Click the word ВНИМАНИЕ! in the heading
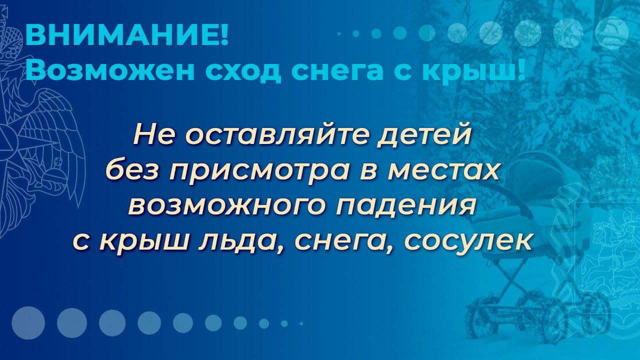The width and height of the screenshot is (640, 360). click(127, 35)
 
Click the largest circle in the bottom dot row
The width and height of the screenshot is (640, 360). click(28, 323)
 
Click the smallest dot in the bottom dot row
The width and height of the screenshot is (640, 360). click(301, 323)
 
